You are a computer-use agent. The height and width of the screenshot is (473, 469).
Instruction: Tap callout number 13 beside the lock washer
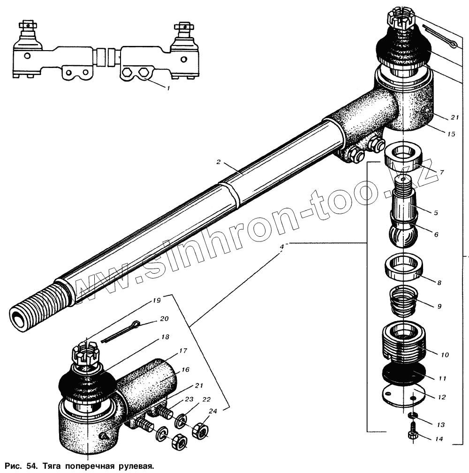point(440,425)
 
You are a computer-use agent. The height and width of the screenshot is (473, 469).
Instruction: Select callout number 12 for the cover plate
point(441,397)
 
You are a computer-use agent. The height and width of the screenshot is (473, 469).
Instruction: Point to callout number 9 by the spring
point(439,306)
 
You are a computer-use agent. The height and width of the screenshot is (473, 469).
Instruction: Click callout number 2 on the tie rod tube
point(219,162)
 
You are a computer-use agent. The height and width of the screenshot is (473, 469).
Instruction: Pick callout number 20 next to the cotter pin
point(164,318)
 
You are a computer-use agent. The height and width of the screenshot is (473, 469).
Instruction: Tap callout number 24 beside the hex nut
point(213,412)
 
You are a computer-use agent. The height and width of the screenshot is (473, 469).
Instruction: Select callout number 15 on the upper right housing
point(451,134)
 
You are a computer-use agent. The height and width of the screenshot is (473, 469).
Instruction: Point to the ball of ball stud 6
point(403,234)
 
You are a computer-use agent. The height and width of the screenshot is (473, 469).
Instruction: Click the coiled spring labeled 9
point(404,302)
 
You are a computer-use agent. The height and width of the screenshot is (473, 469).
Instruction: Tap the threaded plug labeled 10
point(404,345)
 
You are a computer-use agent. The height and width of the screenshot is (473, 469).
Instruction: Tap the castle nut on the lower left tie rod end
point(85,355)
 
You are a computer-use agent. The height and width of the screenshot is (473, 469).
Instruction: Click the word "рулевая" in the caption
point(136,466)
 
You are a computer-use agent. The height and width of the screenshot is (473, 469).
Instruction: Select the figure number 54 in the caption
point(31,466)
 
